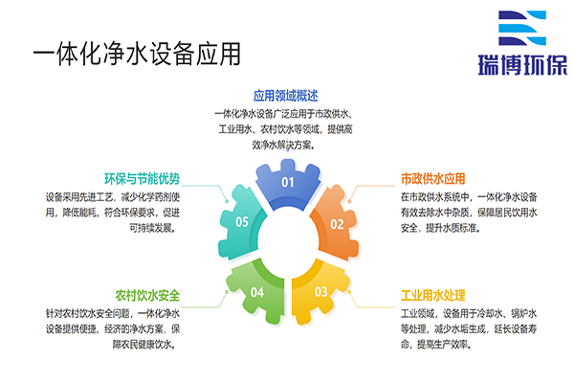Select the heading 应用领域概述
point(284,96)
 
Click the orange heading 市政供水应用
point(432,178)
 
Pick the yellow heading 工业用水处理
point(432,295)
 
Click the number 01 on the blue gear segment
point(287,182)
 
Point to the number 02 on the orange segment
point(337,224)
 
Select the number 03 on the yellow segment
point(321,291)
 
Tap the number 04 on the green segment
point(256,291)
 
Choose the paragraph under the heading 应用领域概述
point(285,129)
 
